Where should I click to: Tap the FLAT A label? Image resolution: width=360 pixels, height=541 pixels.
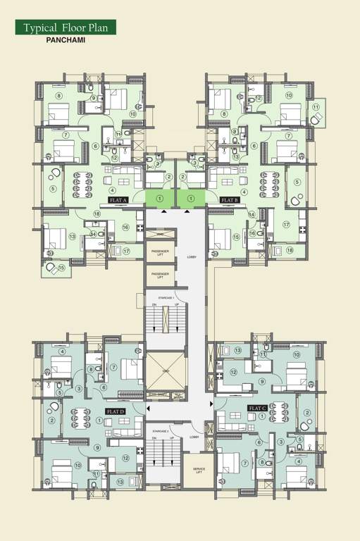[115, 201]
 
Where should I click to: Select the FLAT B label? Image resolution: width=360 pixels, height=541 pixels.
[230, 201]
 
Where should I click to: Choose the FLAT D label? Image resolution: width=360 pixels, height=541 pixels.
[115, 410]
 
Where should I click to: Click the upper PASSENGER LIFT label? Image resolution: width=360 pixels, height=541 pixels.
[160, 251]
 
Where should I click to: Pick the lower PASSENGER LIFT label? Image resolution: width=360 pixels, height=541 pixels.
[160, 276]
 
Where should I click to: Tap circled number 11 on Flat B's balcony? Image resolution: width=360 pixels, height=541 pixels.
[316, 107]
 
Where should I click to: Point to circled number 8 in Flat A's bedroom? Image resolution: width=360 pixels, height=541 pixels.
[59, 96]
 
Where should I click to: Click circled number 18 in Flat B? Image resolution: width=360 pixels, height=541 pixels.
[289, 249]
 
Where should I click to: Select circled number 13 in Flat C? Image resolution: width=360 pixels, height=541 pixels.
[238, 351]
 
